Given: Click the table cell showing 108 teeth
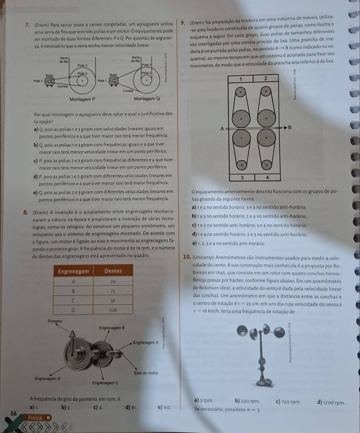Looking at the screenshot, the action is coord(113,310).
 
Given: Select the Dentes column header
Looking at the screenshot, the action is coord(113,271).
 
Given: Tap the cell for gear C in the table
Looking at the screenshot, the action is coord(73,301).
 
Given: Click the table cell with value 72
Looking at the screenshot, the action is coord(113,291).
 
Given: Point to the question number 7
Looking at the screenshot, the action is coord(27,25).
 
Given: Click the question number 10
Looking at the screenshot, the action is coord(187,257).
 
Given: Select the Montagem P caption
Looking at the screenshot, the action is coord(82,99).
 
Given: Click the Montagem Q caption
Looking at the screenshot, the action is coord(147,99).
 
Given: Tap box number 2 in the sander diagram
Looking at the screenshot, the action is coord(266,78).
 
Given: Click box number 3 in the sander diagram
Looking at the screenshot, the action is coord(242,178).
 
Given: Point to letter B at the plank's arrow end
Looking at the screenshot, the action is coord(289,127).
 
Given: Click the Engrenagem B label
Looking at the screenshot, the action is coord(112,328).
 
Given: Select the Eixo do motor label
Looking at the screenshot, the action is coord(146,373).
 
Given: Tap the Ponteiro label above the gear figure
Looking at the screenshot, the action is coord(55,321).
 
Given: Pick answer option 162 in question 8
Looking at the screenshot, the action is coord(165,407).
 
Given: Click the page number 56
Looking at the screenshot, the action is coord(14,413).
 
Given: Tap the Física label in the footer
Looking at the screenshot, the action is coord(35,417).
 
